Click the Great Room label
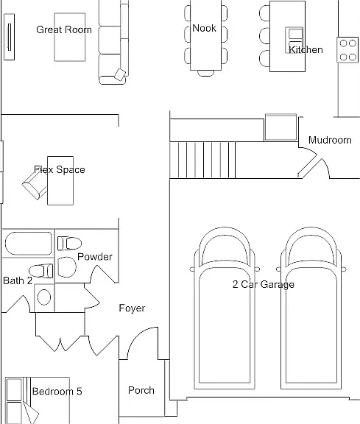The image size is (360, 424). click(64, 29)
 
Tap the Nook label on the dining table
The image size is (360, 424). click(204, 28)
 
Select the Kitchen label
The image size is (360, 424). click(306, 49)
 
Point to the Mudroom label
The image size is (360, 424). click(330, 140)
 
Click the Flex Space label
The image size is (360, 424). click(60, 169)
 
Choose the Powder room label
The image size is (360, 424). click(95, 257)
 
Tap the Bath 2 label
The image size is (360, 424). click(18, 280)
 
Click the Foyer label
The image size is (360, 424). click(132, 308)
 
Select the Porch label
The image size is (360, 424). click(141, 390)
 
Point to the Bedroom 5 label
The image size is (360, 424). click(57, 392)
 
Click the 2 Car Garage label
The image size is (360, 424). click(264, 284)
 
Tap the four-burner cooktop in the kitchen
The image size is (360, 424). click(347, 50)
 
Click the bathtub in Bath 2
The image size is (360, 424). click(29, 244)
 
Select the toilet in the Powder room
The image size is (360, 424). click(69, 243)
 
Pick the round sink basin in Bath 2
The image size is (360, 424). click(44, 297)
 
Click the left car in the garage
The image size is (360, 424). click(225, 308)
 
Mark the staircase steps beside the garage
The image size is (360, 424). click(202, 160)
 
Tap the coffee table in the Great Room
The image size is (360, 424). click(70, 37)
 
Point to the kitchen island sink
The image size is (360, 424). click(294, 40)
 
